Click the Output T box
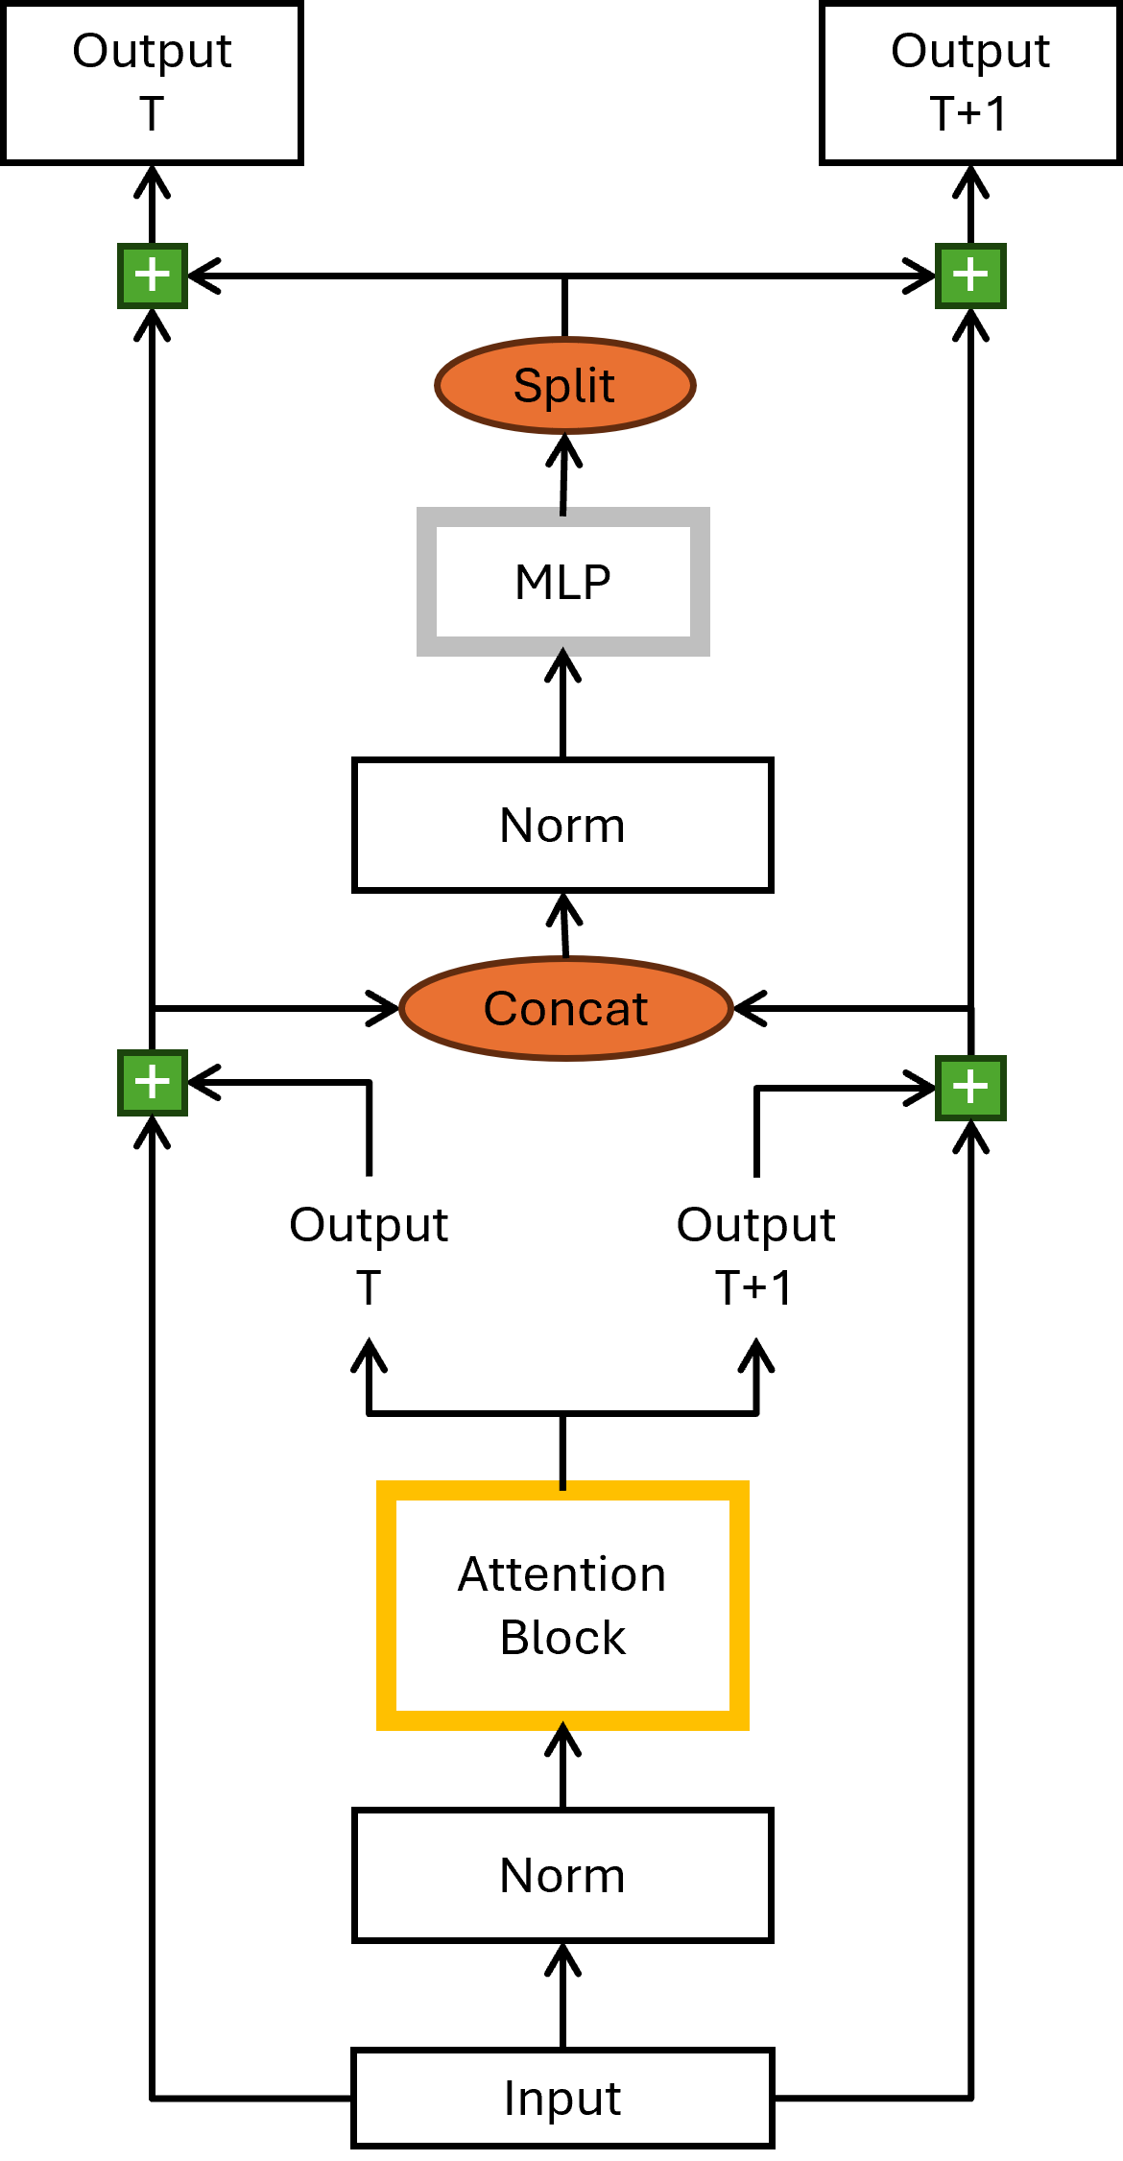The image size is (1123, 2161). click(x=152, y=84)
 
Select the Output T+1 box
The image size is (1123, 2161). click(x=970, y=84)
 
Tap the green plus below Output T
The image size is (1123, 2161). click(x=153, y=276)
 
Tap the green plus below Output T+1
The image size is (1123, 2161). click(x=970, y=276)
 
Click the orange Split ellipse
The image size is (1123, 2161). click(x=564, y=385)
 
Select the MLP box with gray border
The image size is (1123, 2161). click(x=563, y=582)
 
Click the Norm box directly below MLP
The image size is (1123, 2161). click(x=562, y=825)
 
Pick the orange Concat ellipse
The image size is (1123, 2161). click(x=565, y=1008)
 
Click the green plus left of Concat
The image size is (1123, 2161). click(x=153, y=1083)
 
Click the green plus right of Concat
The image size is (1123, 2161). click(x=970, y=1088)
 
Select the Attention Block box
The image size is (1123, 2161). click(x=562, y=1605)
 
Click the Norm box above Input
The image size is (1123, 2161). click(x=562, y=1875)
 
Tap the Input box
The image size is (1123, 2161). click(x=562, y=2098)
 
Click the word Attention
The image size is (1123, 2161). click(x=562, y=1574)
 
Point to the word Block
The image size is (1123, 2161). click(x=562, y=1637)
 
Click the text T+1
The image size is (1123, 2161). click(x=968, y=113)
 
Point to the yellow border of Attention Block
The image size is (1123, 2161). click(x=386, y=1605)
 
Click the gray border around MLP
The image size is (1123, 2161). click(x=426, y=582)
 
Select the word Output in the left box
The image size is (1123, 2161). click(x=152, y=51)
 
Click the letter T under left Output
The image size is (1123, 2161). click(x=152, y=113)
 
